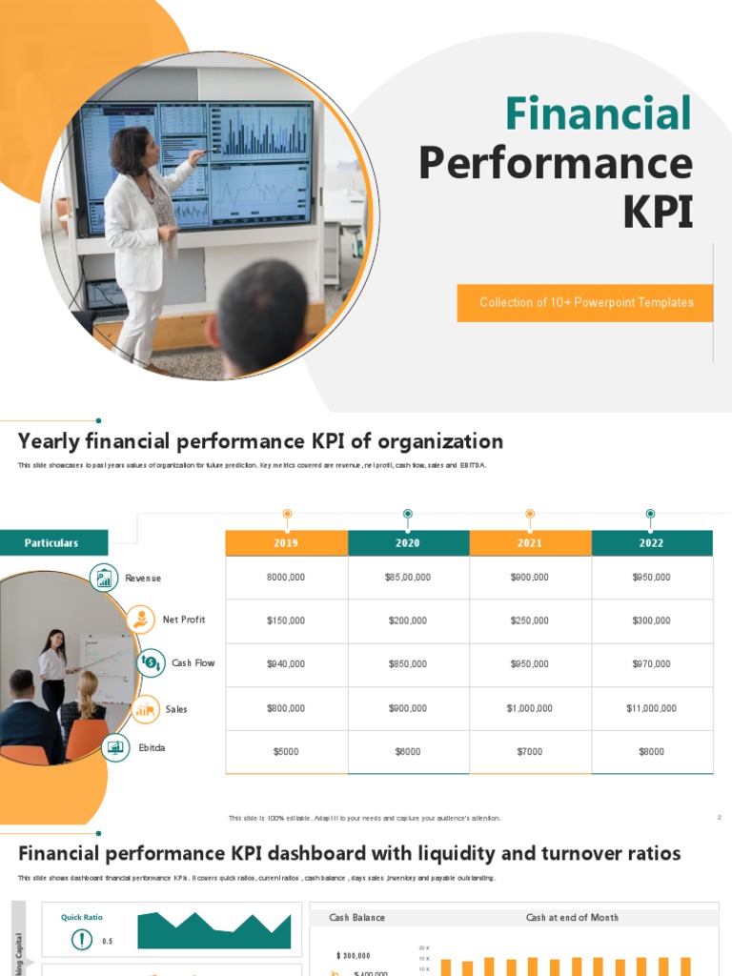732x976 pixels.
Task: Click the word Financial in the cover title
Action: pyautogui.click(x=598, y=114)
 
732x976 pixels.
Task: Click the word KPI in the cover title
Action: pyautogui.click(x=657, y=213)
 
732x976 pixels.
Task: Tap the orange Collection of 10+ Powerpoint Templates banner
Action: pyautogui.click(x=585, y=303)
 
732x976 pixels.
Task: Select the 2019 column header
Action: pyautogui.click(x=286, y=543)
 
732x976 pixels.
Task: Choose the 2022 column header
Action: pyautogui.click(x=651, y=543)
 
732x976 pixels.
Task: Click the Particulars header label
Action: pyautogui.click(x=52, y=543)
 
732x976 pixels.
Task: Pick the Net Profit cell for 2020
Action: pyautogui.click(x=408, y=620)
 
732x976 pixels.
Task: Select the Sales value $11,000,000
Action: pyautogui.click(x=651, y=708)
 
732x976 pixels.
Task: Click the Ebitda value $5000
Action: pyautogui.click(x=286, y=752)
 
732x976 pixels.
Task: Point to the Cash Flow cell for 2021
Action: pyautogui.click(x=529, y=664)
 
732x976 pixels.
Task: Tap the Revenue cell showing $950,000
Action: pyautogui.click(x=651, y=578)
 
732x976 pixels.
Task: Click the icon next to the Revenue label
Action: pyautogui.click(x=104, y=578)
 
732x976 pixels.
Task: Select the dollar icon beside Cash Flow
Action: pyautogui.click(x=151, y=662)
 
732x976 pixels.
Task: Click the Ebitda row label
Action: pyautogui.click(x=152, y=748)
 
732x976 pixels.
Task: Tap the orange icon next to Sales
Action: pyautogui.click(x=145, y=708)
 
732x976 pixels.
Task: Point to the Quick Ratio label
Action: pyautogui.click(x=82, y=917)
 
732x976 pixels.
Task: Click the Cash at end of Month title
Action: pyautogui.click(x=572, y=918)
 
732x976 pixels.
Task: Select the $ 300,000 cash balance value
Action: pyautogui.click(x=354, y=955)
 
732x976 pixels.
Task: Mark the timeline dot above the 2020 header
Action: pyautogui.click(x=408, y=514)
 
